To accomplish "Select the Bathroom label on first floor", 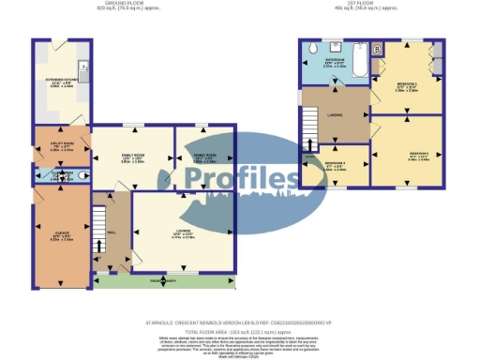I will (x=335, y=63).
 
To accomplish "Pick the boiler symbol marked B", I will (x=377, y=49).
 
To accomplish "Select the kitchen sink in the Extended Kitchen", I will (x=83, y=67).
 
